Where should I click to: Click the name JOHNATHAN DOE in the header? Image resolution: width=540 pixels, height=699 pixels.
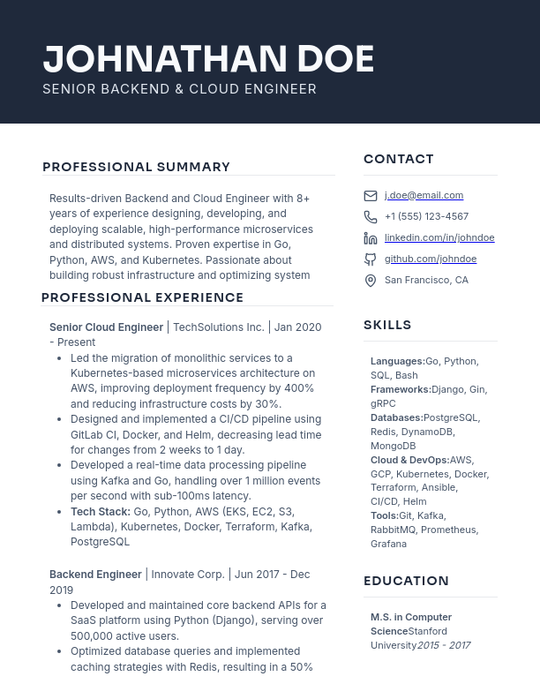208,59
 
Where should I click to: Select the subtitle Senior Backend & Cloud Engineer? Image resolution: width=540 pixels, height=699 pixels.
179,89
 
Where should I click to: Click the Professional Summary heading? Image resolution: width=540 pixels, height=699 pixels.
136,167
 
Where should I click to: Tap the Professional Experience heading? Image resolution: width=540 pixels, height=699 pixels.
142,297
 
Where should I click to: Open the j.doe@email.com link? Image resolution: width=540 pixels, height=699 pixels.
424,195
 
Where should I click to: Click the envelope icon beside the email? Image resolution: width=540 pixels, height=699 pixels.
371,196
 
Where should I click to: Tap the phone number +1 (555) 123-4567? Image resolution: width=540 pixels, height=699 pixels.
426,216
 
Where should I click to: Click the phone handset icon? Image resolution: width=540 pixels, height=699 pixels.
371,217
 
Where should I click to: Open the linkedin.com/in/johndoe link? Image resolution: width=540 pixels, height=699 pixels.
439,237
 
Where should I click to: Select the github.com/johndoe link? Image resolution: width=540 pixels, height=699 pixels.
431,259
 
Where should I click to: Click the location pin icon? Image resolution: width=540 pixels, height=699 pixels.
371,281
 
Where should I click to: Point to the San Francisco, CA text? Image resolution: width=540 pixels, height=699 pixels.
426,280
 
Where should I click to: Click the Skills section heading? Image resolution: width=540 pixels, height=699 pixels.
387,325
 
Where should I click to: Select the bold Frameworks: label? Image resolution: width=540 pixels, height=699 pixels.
401,389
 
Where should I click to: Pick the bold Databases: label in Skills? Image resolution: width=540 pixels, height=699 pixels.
396,417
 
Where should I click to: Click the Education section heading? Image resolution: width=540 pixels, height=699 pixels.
406,581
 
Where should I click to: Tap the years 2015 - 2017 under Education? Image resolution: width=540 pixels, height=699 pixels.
443,645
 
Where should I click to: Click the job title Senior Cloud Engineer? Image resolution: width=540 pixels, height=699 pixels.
107,327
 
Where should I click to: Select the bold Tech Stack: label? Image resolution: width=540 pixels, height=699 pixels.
101,511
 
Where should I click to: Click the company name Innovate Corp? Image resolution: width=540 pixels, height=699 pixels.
188,574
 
